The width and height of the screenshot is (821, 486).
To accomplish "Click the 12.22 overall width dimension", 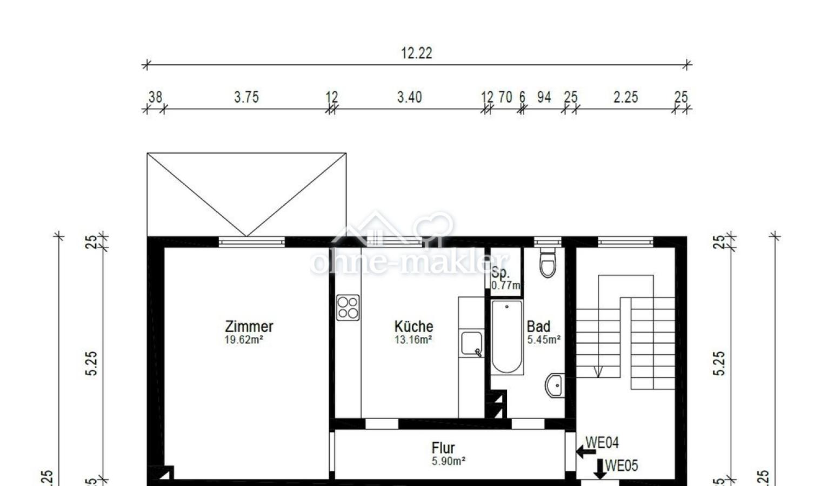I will tap(416, 53).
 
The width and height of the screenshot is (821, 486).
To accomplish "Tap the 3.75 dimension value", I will tap(246, 97).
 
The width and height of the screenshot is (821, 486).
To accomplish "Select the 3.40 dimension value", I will tap(409, 97).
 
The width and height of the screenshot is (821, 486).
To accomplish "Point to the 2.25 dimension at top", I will tap(625, 97).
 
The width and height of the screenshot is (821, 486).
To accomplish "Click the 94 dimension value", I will tap(544, 97).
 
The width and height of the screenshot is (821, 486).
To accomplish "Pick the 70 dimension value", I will tap(505, 97).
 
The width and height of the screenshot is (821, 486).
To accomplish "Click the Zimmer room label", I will tap(249, 326).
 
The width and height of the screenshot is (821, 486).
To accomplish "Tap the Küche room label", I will tap(413, 326).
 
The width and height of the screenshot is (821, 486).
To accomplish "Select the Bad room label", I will tap(538, 326).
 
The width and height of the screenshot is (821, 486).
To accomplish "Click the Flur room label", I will tap(443, 448).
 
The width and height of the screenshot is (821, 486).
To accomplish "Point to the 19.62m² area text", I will tap(244, 340).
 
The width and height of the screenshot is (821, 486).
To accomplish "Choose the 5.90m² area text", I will tap(449, 461).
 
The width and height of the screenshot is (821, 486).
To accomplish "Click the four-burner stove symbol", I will tap(348, 307).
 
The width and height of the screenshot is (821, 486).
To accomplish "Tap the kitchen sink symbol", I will tap(471, 344).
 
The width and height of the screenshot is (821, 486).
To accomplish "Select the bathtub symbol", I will tap(507, 337).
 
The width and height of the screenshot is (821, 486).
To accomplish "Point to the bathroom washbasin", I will tap(554, 385).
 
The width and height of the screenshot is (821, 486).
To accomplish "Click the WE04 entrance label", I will tap(602, 443).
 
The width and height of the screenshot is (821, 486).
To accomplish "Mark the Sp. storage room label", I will tap(500, 273).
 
